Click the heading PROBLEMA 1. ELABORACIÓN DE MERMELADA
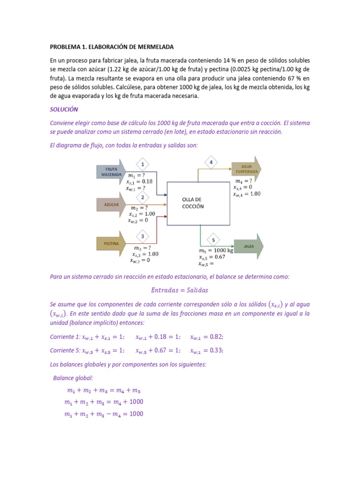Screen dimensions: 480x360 (112, 47)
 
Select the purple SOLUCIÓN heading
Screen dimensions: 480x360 (64, 109)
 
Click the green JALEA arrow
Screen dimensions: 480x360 (248, 246)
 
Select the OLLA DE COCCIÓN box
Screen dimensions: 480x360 (198, 202)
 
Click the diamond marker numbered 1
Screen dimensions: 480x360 (142, 164)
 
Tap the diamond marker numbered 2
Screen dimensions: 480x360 (142, 197)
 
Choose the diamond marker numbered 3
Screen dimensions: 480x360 (142, 236)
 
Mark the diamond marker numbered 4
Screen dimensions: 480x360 (211, 162)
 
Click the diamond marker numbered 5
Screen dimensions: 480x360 (213, 240)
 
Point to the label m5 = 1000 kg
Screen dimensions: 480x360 (216, 251)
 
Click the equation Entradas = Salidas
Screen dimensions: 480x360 (180, 290)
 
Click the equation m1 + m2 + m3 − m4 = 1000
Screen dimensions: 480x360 (104, 414)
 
